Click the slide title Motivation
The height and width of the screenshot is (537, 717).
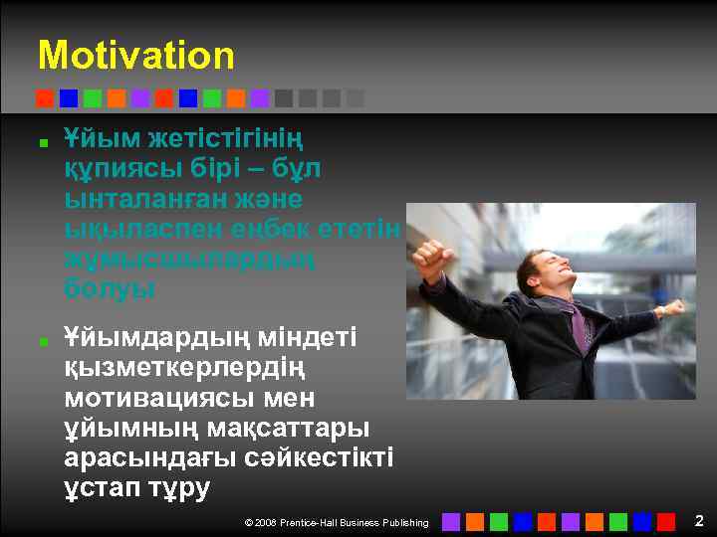[x=136, y=56]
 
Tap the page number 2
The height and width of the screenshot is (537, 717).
[x=699, y=520]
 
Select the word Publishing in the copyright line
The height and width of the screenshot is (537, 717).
[x=403, y=523]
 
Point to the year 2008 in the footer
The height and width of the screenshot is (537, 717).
[x=266, y=523]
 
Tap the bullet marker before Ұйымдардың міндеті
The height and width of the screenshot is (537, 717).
[x=46, y=341]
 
